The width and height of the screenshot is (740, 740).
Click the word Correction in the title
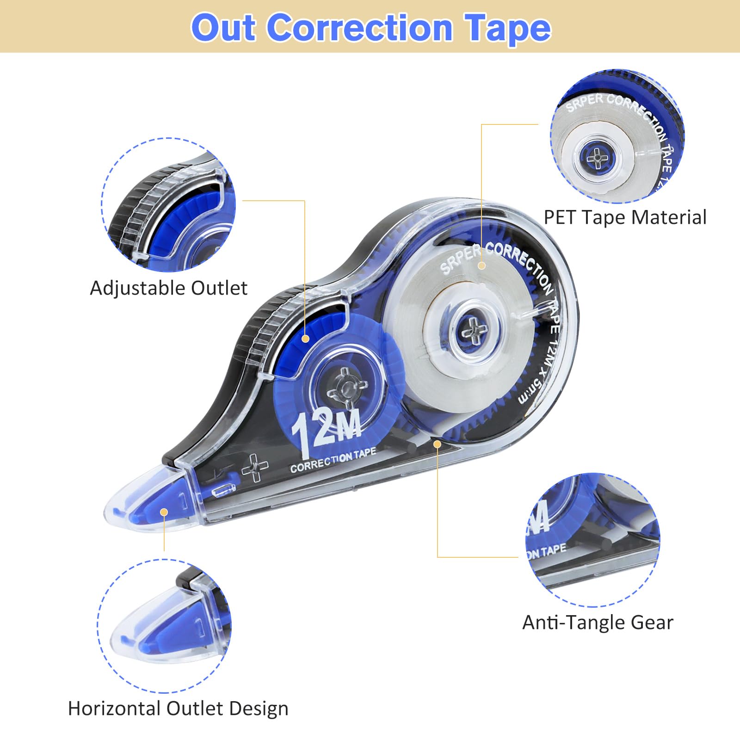tap(360, 27)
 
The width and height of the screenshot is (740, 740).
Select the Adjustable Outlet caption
tap(169, 288)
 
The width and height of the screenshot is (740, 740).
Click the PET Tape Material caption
tap(625, 217)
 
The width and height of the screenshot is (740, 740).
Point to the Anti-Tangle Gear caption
tap(598, 623)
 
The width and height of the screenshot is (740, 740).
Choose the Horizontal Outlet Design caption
tap(178, 709)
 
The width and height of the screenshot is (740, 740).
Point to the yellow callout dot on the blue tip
tap(164, 512)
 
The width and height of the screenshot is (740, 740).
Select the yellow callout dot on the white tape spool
tap(481, 265)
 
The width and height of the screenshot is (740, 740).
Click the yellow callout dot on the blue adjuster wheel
tap(305, 339)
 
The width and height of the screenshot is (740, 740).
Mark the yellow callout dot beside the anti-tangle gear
tap(437, 444)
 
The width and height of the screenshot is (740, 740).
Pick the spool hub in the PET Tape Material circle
tap(598, 158)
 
